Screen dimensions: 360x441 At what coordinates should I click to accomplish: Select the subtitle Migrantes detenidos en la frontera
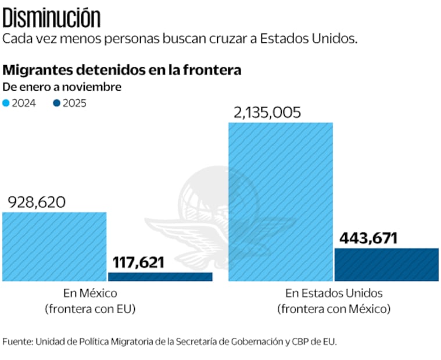[x=122, y=70]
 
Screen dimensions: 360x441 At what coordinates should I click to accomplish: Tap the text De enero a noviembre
[x=62, y=87]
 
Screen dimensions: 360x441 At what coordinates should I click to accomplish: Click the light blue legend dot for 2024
[x=6, y=103]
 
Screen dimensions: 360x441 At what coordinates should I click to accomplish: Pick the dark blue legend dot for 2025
[x=56, y=103]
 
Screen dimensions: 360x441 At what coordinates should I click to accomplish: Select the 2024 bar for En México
[x=55, y=247]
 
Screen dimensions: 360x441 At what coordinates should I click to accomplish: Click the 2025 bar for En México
[x=160, y=276]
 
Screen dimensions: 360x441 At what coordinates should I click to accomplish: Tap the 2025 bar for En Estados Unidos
[x=386, y=265]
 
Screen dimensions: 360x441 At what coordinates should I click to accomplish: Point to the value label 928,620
[x=37, y=202]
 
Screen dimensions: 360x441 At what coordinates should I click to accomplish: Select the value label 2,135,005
[x=267, y=112]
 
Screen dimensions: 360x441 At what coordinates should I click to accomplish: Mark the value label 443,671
[x=368, y=238]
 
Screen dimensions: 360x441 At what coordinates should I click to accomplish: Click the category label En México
[x=90, y=293]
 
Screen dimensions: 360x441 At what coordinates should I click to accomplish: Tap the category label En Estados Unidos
[x=334, y=293]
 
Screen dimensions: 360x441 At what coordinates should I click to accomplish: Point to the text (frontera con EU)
[x=90, y=309]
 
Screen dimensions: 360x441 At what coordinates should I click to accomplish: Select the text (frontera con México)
[x=334, y=309]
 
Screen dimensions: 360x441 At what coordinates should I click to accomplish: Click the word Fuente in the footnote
[x=17, y=341]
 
